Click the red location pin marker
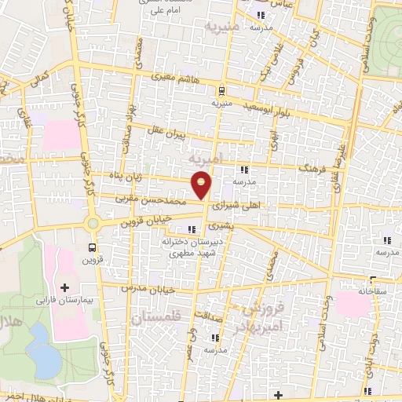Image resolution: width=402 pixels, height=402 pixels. (x=202, y=186)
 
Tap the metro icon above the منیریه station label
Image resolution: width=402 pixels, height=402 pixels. (x=221, y=90)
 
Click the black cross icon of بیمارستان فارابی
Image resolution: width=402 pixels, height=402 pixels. (x=65, y=287)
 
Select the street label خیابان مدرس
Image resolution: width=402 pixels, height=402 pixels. (x=146, y=288)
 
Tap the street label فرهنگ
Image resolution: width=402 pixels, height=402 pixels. (x=312, y=168)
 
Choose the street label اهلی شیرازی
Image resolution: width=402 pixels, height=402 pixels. (x=244, y=205)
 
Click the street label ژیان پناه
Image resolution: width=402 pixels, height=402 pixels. (x=126, y=176)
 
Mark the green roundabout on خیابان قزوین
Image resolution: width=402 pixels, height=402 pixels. (x=95, y=224)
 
